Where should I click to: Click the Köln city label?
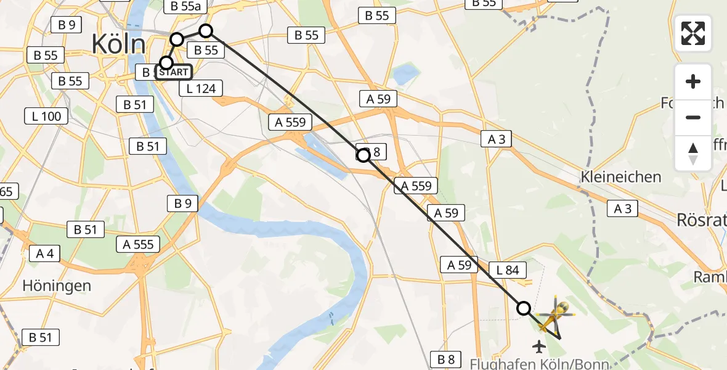(x=118, y=44)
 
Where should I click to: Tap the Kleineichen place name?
(x=621, y=177)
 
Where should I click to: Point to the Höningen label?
(x=57, y=286)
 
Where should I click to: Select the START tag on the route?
(x=173, y=72)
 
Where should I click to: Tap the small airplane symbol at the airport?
(x=540, y=347)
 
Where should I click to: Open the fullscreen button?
(x=693, y=33)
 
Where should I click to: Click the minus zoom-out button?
(x=693, y=117)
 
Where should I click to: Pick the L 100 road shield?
(x=46, y=116)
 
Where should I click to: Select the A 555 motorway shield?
(x=138, y=244)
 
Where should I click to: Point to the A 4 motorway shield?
(x=44, y=253)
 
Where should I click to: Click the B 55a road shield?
(x=185, y=6)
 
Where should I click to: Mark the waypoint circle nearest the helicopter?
(x=524, y=308)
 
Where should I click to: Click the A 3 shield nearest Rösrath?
(x=622, y=209)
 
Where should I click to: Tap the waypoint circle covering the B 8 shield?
(x=363, y=155)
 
